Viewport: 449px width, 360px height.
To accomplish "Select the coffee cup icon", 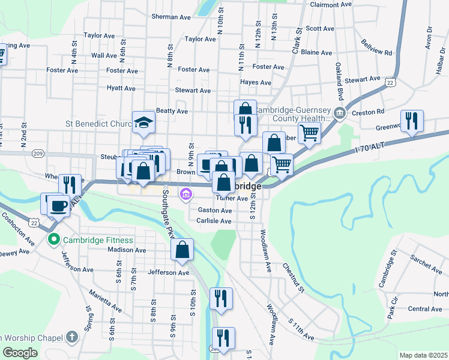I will click(x=58, y=205).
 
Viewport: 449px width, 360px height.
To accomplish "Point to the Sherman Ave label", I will click(x=171, y=17).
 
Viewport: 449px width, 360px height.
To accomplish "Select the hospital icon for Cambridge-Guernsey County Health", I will click(x=340, y=113).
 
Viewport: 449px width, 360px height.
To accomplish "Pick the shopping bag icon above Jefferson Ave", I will click(x=182, y=249).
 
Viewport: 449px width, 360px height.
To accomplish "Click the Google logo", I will click(x=20, y=353).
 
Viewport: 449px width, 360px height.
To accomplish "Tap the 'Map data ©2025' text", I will click(x=424, y=355).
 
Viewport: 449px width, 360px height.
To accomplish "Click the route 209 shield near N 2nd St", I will click(x=38, y=154).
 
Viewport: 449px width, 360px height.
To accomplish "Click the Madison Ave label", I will click(x=127, y=250).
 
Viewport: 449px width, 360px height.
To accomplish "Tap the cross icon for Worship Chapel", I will click(x=73, y=336).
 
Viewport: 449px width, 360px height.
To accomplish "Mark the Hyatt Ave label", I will click(x=121, y=88).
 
